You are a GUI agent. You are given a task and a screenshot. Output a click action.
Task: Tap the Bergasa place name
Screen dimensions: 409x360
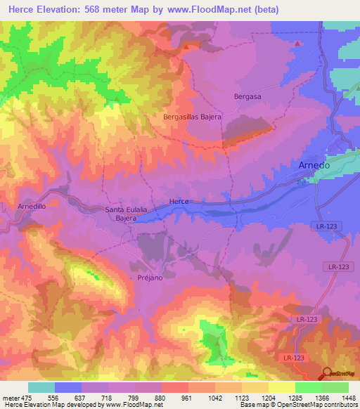pos(246,96)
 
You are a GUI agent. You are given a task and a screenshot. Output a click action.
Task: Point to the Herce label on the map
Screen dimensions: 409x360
pos(179,202)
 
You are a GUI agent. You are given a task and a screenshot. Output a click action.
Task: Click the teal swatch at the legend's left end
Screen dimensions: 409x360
pos(41,387)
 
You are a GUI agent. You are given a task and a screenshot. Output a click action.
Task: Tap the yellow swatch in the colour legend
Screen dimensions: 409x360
pos(281,387)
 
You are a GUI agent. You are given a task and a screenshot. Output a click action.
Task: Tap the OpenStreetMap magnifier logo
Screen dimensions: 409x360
pos(327,375)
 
